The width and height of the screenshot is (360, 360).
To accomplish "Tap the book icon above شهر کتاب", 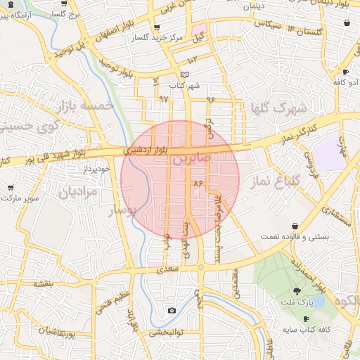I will tap(185, 75).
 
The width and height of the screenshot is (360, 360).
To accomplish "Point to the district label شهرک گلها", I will tap(279, 108).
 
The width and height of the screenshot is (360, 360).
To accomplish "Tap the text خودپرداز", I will tap(97, 169).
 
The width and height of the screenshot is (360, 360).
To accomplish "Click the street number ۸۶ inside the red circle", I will tap(198, 183).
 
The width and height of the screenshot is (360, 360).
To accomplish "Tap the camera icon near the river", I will tap(172, 310).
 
